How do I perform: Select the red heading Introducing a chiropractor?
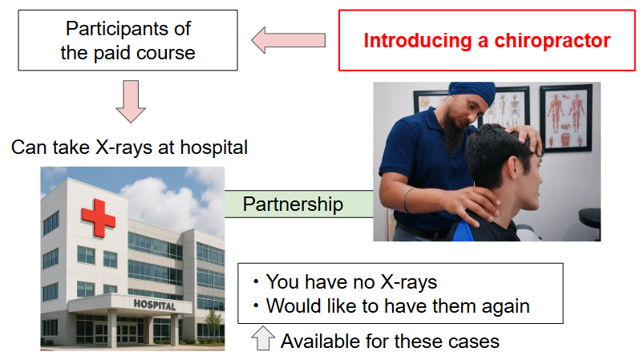pos(487,41)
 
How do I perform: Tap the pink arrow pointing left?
pos(289,40)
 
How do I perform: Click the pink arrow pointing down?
pos(131,101)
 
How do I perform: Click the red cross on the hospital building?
pos(98,218)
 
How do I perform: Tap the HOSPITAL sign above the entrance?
pos(155,305)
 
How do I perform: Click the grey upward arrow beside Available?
pos(263,338)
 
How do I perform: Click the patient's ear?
pos(513,168)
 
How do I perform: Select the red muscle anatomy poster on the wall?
pos(566,118)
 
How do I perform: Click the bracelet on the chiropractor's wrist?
pos(407,200)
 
